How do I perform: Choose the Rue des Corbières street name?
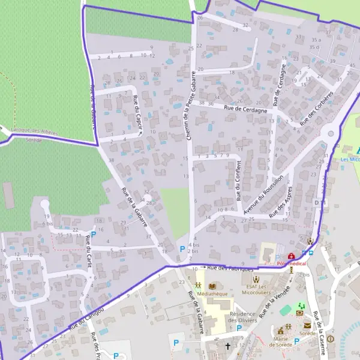[x=316, y=109]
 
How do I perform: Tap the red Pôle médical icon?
[x=292, y=256]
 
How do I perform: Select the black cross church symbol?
[x=227, y=346]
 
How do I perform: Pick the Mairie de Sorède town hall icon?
[x=280, y=330]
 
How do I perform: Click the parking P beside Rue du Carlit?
[x=93, y=235]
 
